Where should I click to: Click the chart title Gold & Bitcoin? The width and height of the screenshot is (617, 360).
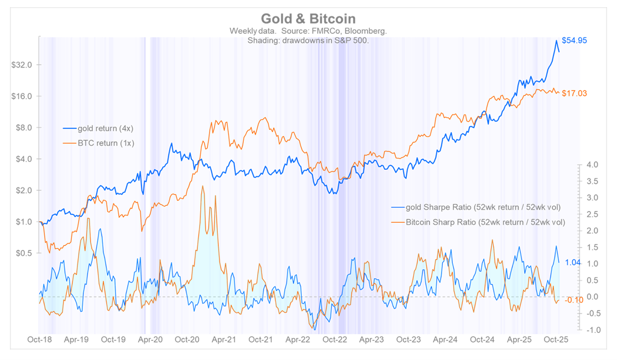(308, 19)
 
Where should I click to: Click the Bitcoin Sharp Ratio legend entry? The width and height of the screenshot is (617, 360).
(485, 222)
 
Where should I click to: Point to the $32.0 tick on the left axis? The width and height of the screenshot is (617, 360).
(22, 65)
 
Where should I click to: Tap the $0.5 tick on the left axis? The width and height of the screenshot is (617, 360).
(24, 253)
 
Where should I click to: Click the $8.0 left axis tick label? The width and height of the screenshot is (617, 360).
(24, 128)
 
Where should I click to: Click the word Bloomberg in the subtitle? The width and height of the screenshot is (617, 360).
(365, 32)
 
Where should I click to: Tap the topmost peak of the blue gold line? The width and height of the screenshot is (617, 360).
(556, 40)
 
